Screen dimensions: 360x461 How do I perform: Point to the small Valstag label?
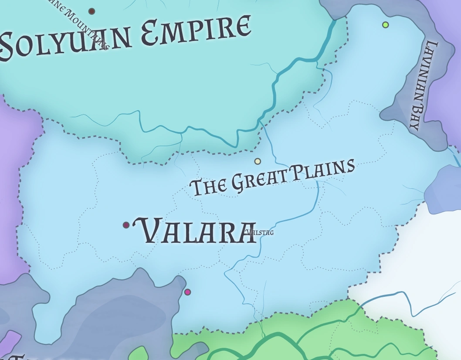tap(260, 232)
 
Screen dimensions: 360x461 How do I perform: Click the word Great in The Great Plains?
tap(259, 180)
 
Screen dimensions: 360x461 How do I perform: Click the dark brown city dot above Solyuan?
tap(92, 11)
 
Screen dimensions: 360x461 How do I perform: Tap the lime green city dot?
tap(385, 25)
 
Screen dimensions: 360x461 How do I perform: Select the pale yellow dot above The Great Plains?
tap(258, 161)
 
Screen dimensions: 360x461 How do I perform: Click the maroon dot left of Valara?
tap(126, 225)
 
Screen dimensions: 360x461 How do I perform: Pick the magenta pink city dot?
tap(187, 292)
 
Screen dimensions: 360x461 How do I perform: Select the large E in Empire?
tap(151, 35)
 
